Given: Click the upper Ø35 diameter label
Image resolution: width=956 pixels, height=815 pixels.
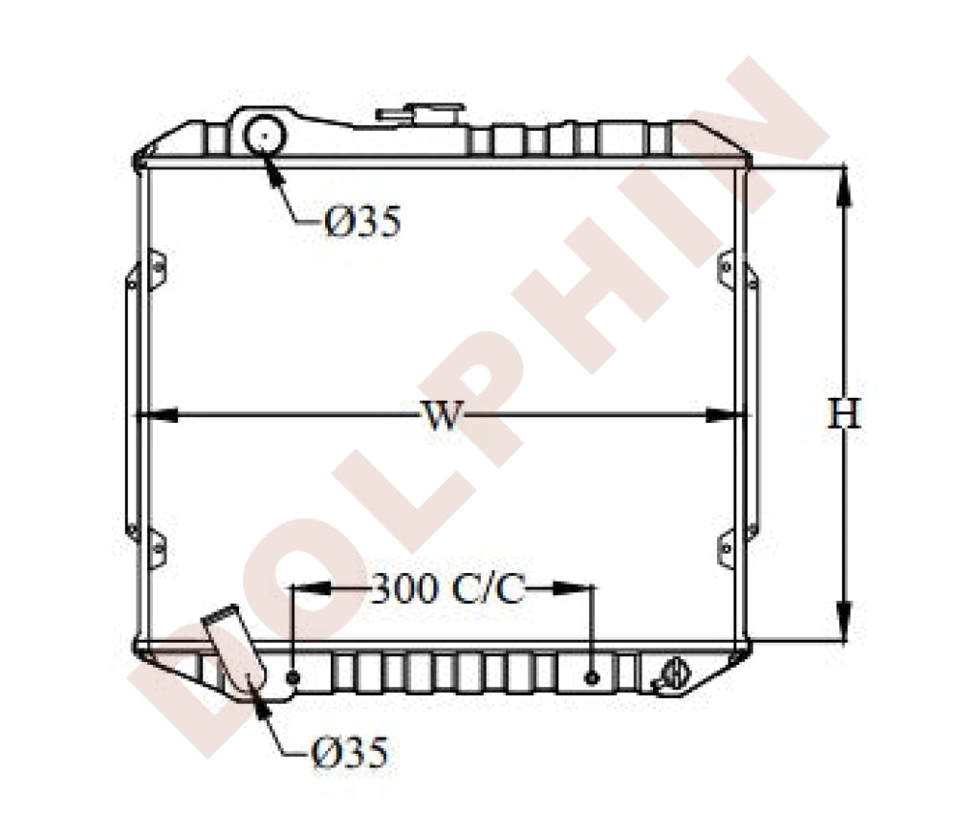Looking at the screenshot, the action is [363, 221].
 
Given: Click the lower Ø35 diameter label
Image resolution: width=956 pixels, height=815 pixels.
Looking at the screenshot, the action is [349, 752].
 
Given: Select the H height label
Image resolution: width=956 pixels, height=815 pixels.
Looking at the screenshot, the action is [844, 413].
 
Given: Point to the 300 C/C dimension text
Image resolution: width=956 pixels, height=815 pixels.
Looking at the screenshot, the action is [446, 588].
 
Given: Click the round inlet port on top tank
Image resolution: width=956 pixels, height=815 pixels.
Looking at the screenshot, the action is [265, 136].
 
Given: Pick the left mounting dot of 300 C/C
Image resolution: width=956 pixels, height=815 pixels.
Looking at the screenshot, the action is [293, 677].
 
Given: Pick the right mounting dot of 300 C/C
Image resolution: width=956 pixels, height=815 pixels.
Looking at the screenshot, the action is [592, 677].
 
